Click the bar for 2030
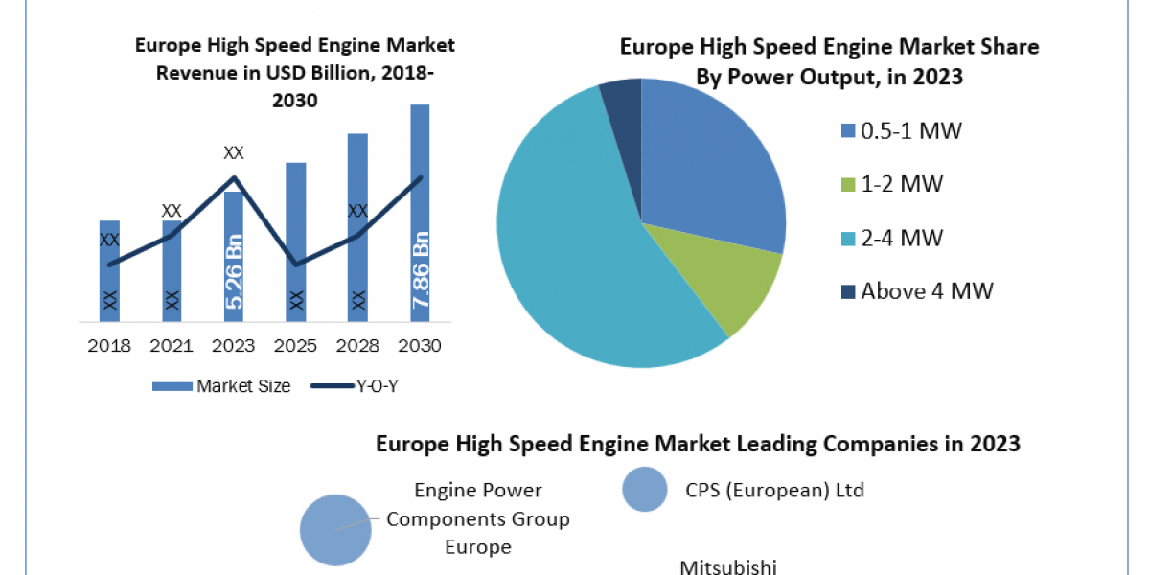tap(420, 211)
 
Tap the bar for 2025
tap(296, 240)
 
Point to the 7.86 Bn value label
tap(420, 270)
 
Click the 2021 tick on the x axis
tap(172, 346)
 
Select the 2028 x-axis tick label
tap(357, 346)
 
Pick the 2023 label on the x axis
tap(234, 346)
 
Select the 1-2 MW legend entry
tap(891, 184)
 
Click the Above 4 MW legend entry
tap(915, 290)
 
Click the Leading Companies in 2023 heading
tap(698, 444)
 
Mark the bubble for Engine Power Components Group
tap(335, 529)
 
